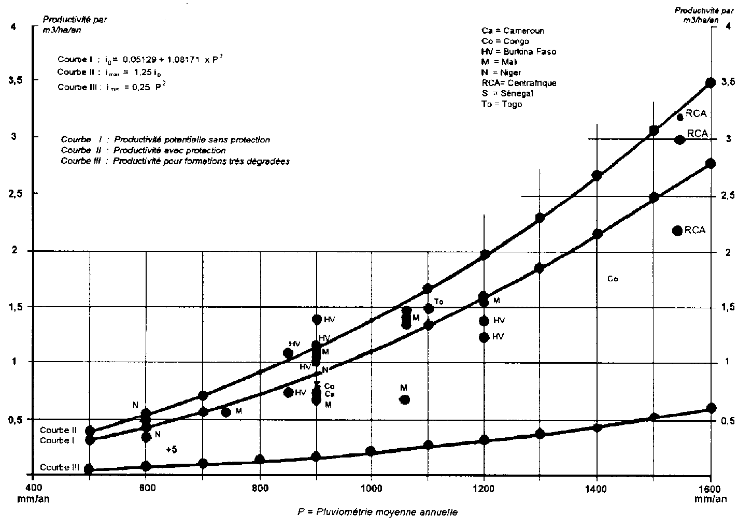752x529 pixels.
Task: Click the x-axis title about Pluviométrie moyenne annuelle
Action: (x=377, y=512)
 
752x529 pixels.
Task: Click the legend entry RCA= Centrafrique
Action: (x=519, y=83)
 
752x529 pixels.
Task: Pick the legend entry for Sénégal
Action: (x=507, y=93)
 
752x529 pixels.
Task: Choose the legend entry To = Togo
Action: (x=502, y=104)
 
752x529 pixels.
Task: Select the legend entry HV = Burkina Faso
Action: (x=518, y=51)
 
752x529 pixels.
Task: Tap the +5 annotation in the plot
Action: (x=172, y=450)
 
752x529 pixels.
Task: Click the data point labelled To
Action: (x=429, y=309)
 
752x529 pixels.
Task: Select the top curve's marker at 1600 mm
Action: (x=711, y=82)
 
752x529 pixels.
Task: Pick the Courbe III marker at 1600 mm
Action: (x=711, y=408)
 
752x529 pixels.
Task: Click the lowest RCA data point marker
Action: (x=677, y=231)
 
